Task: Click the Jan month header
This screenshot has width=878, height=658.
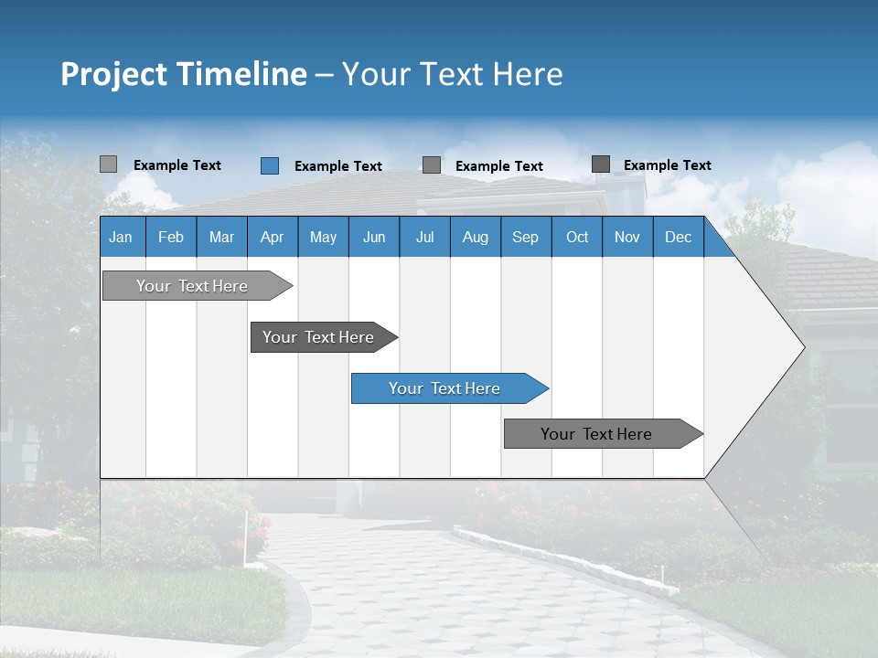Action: pyautogui.click(x=122, y=237)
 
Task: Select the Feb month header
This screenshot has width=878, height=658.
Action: pyautogui.click(x=171, y=237)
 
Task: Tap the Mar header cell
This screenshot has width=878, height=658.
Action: pyautogui.click(x=221, y=237)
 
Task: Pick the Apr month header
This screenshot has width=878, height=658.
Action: pyautogui.click(x=273, y=237)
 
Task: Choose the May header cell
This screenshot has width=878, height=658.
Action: pyautogui.click(x=323, y=237)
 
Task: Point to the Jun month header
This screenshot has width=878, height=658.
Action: pyautogui.click(x=374, y=237)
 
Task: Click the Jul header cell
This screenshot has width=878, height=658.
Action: pyautogui.click(x=424, y=237)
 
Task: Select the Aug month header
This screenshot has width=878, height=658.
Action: pyautogui.click(x=476, y=237)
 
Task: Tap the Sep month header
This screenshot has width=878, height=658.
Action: pyautogui.click(x=526, y=237)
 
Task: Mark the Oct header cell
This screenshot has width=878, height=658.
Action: pyautogui.click(x=577, y=237)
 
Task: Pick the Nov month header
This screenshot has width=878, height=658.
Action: pyautogui.click(x=627, y=237)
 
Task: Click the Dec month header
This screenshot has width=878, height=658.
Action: pyautogui.click(x=679, y=237)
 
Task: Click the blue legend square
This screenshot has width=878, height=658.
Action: pyautogui.click(x=270, y=165)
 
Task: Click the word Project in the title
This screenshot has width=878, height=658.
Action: pyautogui.click(x=114, y=74)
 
